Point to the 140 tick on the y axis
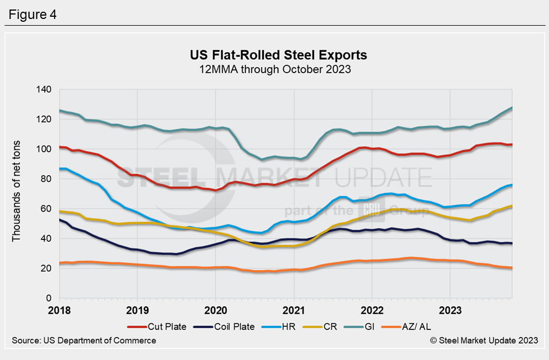tap(44, 90)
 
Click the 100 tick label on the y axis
tap(44, 150)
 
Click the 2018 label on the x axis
tap(59, 309)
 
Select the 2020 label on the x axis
tap(215, 309)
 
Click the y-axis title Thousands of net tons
tap(16, 194)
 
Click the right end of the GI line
tap(512, 108)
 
